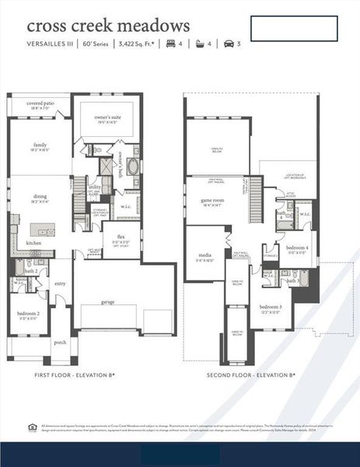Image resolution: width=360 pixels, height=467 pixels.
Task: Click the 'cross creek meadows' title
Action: [x=108, y=28]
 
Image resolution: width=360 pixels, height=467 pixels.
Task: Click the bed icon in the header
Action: [x=171, y=44]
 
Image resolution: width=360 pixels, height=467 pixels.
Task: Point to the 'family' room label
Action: [x=40, y=145]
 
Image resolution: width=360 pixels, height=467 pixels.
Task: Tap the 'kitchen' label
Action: [x=33, y=243]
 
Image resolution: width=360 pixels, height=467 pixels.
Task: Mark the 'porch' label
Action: [x=60, y=342]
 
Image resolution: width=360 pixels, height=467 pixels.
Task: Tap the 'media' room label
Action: [x=205, y=255]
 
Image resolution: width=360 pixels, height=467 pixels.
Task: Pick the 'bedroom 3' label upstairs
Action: [x=271, y=307]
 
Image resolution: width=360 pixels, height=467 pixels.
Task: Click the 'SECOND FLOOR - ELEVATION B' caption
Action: [x=250, y=375]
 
